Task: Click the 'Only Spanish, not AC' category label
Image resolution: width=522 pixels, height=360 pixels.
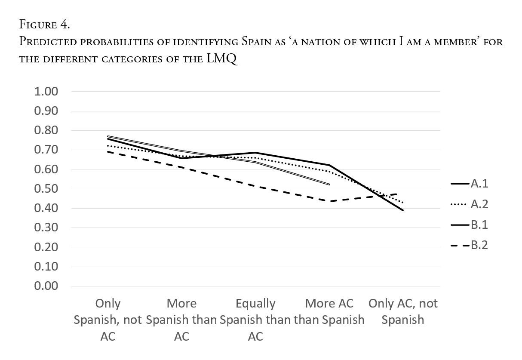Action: pyautogui.click(x=108, y=320)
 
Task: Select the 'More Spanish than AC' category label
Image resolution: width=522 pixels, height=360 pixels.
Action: pyautogui.click(x=181, y=320)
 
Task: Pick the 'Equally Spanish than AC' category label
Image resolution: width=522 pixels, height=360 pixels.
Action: pyautogui.click(x=255, y=320)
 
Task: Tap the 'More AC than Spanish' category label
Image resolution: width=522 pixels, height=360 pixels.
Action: pyautogui.click(x=329, y=311)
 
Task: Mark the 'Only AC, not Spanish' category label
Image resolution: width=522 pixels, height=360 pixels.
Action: pyautogui.click(x=403, y=311)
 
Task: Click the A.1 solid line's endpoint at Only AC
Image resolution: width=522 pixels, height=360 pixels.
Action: pyautogui.click(x=403, y=210)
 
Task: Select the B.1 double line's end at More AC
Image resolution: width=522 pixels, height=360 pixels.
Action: pyautogui.click(x=329, y=185)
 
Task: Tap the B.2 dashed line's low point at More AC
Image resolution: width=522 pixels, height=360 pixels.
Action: pyautogui.click(x=329, y=201)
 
